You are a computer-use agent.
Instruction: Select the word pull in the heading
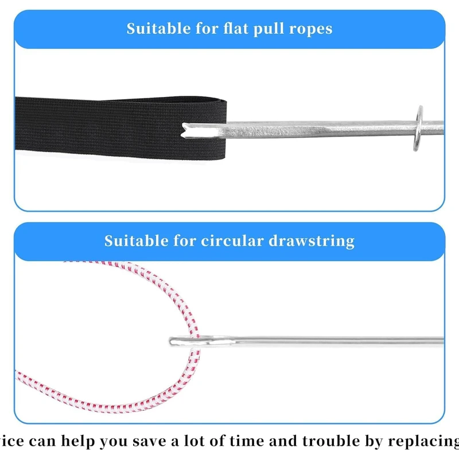[269, 29]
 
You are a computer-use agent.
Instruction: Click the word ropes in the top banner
[310, 29]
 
